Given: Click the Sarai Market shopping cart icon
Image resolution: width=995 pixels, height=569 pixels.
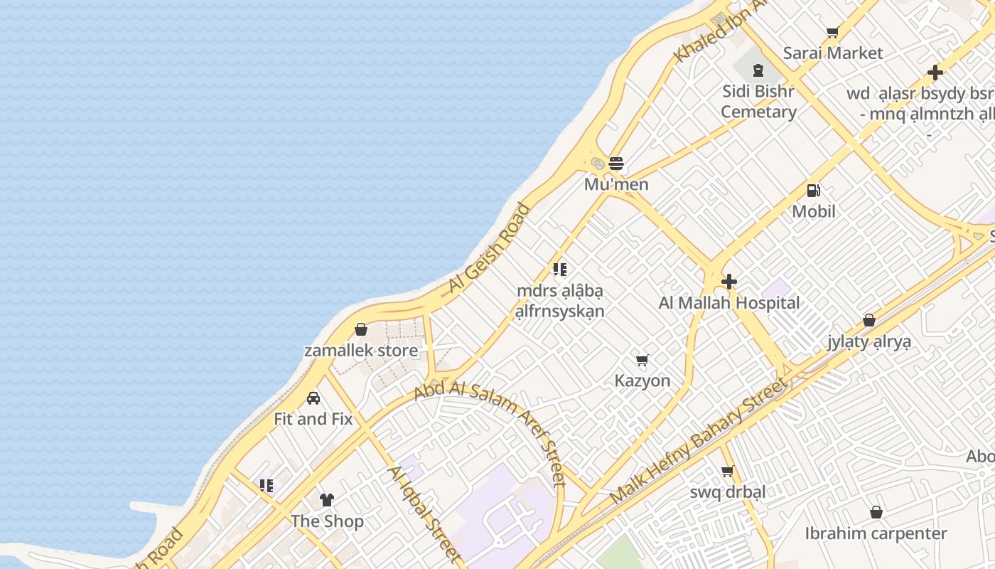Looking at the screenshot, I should [x=832, y=32].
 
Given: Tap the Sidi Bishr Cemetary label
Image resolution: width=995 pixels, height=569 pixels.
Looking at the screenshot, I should [x=758, y=102].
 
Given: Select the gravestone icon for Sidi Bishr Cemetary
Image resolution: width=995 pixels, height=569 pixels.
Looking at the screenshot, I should [x=758, y=70].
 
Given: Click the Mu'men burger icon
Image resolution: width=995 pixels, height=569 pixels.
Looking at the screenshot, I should [x=616, y=164].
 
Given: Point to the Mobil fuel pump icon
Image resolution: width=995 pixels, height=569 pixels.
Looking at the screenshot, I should [x=814, y=191].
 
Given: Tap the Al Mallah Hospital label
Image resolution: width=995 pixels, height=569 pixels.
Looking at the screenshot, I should [x=729, y=303].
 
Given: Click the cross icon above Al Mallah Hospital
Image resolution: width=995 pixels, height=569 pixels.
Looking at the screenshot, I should [x=728, y=282].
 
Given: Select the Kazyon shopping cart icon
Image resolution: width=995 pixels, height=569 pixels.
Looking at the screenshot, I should [x=642, y=360].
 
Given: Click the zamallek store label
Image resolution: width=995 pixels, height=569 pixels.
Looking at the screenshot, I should [x=361, y=351].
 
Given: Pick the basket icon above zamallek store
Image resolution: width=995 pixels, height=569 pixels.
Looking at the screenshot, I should [x=361, y=329].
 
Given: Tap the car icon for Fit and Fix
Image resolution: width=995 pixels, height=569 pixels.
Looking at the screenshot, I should [x=313, y=398].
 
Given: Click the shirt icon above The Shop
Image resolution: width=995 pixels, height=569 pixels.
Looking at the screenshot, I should [x=327, y=500].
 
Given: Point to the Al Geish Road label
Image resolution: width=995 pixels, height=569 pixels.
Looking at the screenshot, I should [x=490, y=248].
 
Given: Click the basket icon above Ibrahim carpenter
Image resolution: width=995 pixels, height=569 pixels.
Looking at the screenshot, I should [x=876, y=512].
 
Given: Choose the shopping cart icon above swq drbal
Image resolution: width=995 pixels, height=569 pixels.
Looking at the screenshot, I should [x=727, y=471].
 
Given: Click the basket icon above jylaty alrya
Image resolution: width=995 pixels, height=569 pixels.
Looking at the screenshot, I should [x=868, y=320].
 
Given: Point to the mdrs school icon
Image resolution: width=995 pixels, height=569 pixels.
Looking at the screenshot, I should [x=560, y=270].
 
